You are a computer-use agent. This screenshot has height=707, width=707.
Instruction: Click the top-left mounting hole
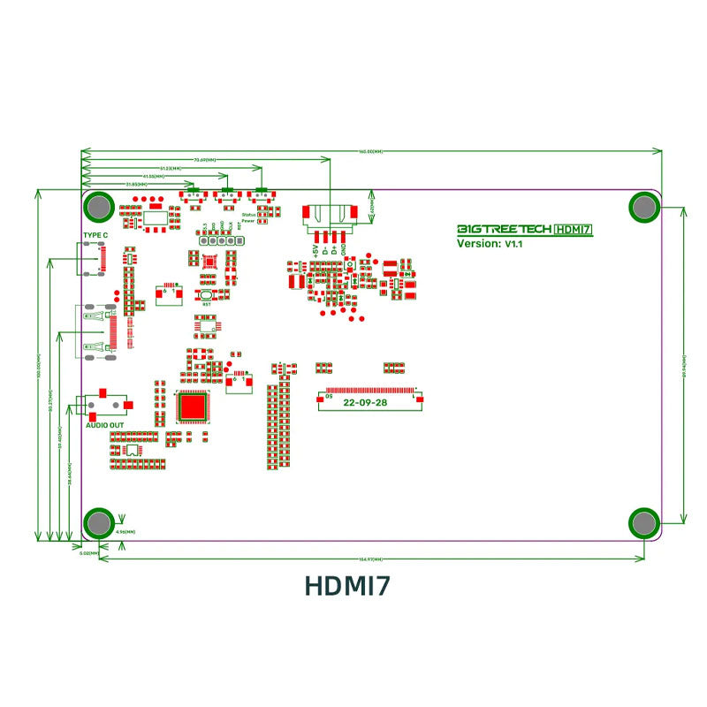tap(97, 207)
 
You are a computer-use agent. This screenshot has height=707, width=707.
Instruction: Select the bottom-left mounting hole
tap(97, 523)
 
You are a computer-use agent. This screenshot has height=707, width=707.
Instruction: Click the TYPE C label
tap(95, 235)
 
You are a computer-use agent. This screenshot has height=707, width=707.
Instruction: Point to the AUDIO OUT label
tap(104, 425)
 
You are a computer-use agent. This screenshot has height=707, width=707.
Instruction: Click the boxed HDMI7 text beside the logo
tap(573, 229)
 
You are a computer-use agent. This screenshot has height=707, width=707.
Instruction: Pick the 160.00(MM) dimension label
tap(371, 152)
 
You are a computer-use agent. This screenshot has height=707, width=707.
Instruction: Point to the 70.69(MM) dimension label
tap(206, 160)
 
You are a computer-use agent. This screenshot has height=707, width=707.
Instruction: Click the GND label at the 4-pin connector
tap(344, 250)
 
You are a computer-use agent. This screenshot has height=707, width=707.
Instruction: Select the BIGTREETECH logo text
tap(503, 229)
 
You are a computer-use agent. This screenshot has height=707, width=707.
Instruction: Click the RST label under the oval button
tap(206, 304)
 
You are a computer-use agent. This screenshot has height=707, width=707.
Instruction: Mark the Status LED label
tap(247, 215)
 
